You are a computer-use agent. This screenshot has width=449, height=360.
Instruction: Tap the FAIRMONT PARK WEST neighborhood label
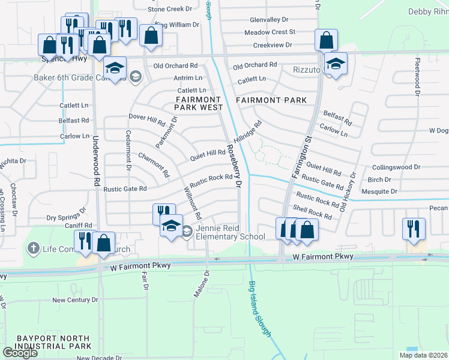tap(199, 103)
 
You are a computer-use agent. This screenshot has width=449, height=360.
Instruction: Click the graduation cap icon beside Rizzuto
tap(336, 64)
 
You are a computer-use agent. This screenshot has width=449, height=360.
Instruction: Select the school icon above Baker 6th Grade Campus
tap(115, 67)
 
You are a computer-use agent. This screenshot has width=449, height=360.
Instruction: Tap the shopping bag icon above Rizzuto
tap(326, 41)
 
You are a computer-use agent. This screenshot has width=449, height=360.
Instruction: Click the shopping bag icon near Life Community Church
tap(104, 243)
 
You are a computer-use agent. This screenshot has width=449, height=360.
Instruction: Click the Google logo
tap(20, 353)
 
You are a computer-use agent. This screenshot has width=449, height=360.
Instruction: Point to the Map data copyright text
tap(424, 355)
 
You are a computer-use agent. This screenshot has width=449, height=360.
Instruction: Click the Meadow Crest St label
tap(270, 32)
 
